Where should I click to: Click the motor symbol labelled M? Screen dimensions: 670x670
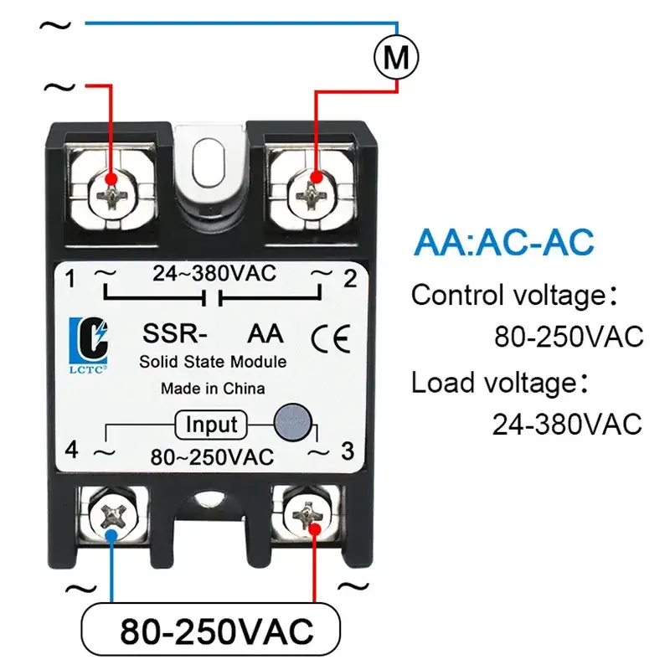[x=396, y=57]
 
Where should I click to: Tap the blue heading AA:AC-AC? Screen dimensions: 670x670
[x=504, y=242]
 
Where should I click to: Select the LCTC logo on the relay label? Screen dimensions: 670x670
[x=89, y=345]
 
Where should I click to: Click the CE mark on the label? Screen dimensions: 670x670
[x=331, y=338]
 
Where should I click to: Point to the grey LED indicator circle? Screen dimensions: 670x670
[x=292, y=422]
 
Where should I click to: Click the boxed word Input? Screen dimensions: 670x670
[x=211, y=425]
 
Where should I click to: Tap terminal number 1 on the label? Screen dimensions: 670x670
[x=70, y=279]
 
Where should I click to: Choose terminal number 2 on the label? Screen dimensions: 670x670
[x=350, y=279]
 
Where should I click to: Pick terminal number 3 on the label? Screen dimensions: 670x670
[x=348, y=451]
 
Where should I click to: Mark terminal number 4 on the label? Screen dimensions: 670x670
[x=72, y=450]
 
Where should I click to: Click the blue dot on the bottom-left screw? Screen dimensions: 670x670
[x=111, y=536]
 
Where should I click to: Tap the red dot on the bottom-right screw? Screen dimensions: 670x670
[x=315, y=530]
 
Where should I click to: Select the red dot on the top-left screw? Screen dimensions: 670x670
[x=111, y=178]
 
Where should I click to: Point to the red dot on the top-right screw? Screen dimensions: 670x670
[x=317, y=178]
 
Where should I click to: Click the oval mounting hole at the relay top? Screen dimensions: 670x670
[x=208, y=162]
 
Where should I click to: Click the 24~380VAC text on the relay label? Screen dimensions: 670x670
[x=214, y=274]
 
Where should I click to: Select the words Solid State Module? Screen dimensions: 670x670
[x=213, y=362]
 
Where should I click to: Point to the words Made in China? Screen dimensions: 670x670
[x=213, y=389]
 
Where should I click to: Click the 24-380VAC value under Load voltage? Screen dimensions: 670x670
[x=567, y=425]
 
